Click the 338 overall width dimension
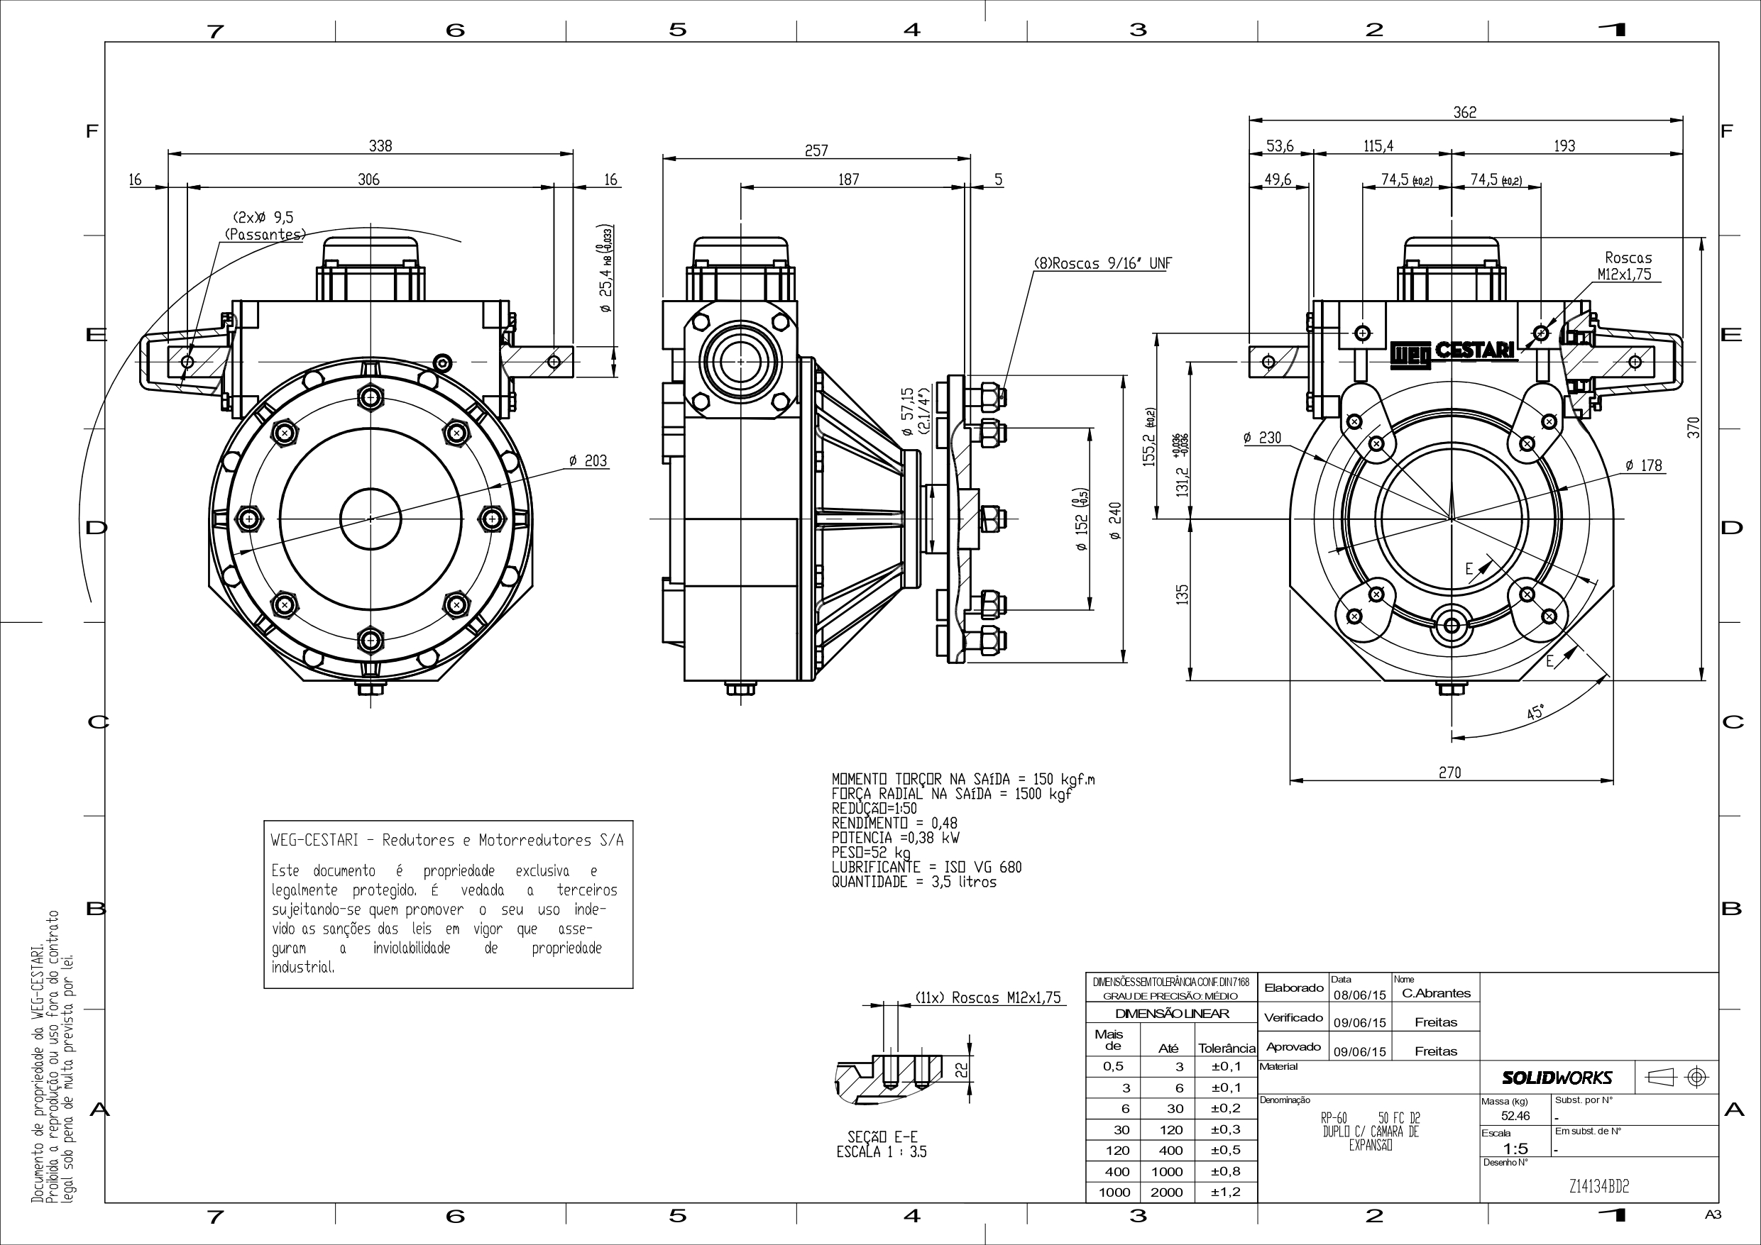coord(380,145)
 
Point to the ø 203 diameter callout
coord(588,460)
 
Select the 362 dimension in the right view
coord(1464,113)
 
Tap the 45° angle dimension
coord(1535,712)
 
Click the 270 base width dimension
coord(1449,773)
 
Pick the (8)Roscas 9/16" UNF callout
coord(1103,264)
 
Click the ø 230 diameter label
coord(1262,438)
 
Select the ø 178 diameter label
coord(1643,465)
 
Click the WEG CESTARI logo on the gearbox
coord(1454,351)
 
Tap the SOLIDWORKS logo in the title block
coord(1557,1078)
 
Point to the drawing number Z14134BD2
coord(1598,1187)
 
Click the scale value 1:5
coord(1515,1149)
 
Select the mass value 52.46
coord(1515,1116)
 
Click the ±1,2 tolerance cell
coord(1226,1192)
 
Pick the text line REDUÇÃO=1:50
coord(874,808)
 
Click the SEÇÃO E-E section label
coord(882,1137)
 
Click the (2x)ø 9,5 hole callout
coord(263,218)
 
